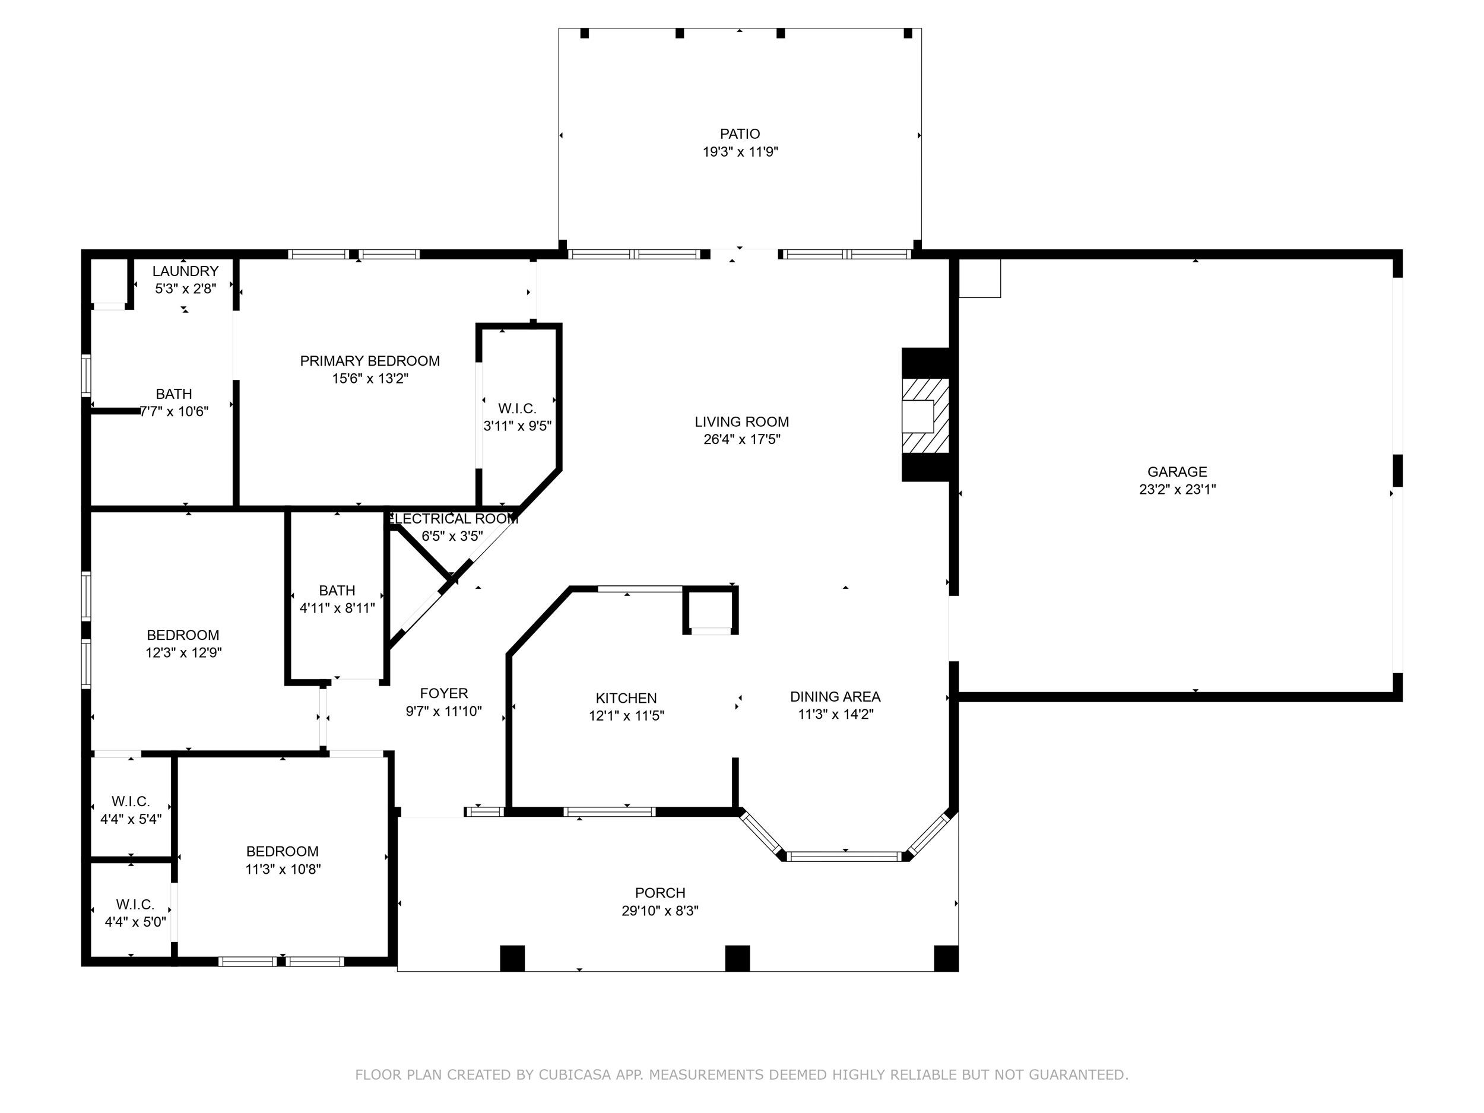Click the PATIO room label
(740, 134)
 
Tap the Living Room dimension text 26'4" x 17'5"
(741, 439)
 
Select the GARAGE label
(1177, 472)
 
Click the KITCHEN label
(626, 699)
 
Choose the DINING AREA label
(835, 697)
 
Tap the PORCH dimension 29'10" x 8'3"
(660, 911)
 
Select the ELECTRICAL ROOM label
(454, 519)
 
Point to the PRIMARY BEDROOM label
(370, 361)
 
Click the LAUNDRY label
(185, 271)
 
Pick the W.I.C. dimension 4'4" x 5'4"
(131, 819)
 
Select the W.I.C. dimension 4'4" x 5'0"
(135, 922)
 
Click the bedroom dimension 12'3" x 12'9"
(184, 653)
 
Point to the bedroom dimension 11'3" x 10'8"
(283, 870)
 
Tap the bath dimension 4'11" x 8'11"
(337, 608)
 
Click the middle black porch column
(737, 958)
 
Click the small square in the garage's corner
(979, 278)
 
